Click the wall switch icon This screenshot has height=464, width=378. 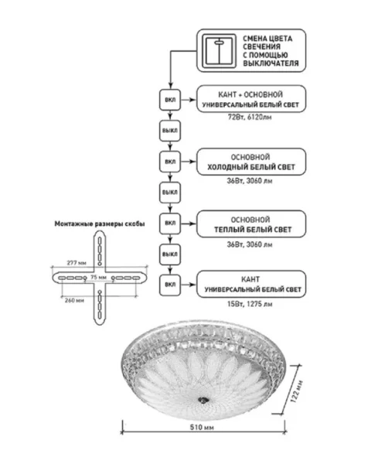point(220,51)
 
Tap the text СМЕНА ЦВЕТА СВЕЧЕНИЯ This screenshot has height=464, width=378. point(267,43)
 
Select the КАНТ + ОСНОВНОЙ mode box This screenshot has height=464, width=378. point(251,99)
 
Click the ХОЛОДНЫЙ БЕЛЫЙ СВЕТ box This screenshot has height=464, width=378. point(251,162)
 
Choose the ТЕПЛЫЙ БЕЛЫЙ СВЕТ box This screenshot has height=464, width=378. point(251,224)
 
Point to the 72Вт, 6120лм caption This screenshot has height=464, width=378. point(250,118)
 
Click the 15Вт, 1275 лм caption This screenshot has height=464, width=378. point(250,304)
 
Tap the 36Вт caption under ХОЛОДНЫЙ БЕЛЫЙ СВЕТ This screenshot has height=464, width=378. point(250,181)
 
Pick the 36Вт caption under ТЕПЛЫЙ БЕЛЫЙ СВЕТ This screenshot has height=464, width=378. point(250,244)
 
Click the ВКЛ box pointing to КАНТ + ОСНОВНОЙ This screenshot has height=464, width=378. point(170,100)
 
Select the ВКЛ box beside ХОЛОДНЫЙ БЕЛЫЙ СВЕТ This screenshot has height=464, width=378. point(170,162)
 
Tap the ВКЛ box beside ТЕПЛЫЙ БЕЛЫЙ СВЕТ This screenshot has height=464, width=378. point(170,223)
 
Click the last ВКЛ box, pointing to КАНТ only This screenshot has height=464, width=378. point(170,285)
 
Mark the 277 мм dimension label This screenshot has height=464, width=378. point(77,263)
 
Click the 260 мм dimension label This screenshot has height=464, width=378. point(74,300)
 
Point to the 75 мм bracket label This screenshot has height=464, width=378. point(98,278)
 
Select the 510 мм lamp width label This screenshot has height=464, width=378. point(202,428)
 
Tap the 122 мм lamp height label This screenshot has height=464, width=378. point(297,391)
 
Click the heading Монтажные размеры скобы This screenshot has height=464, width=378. point(100,224)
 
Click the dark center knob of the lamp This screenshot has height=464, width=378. point(203,400)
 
